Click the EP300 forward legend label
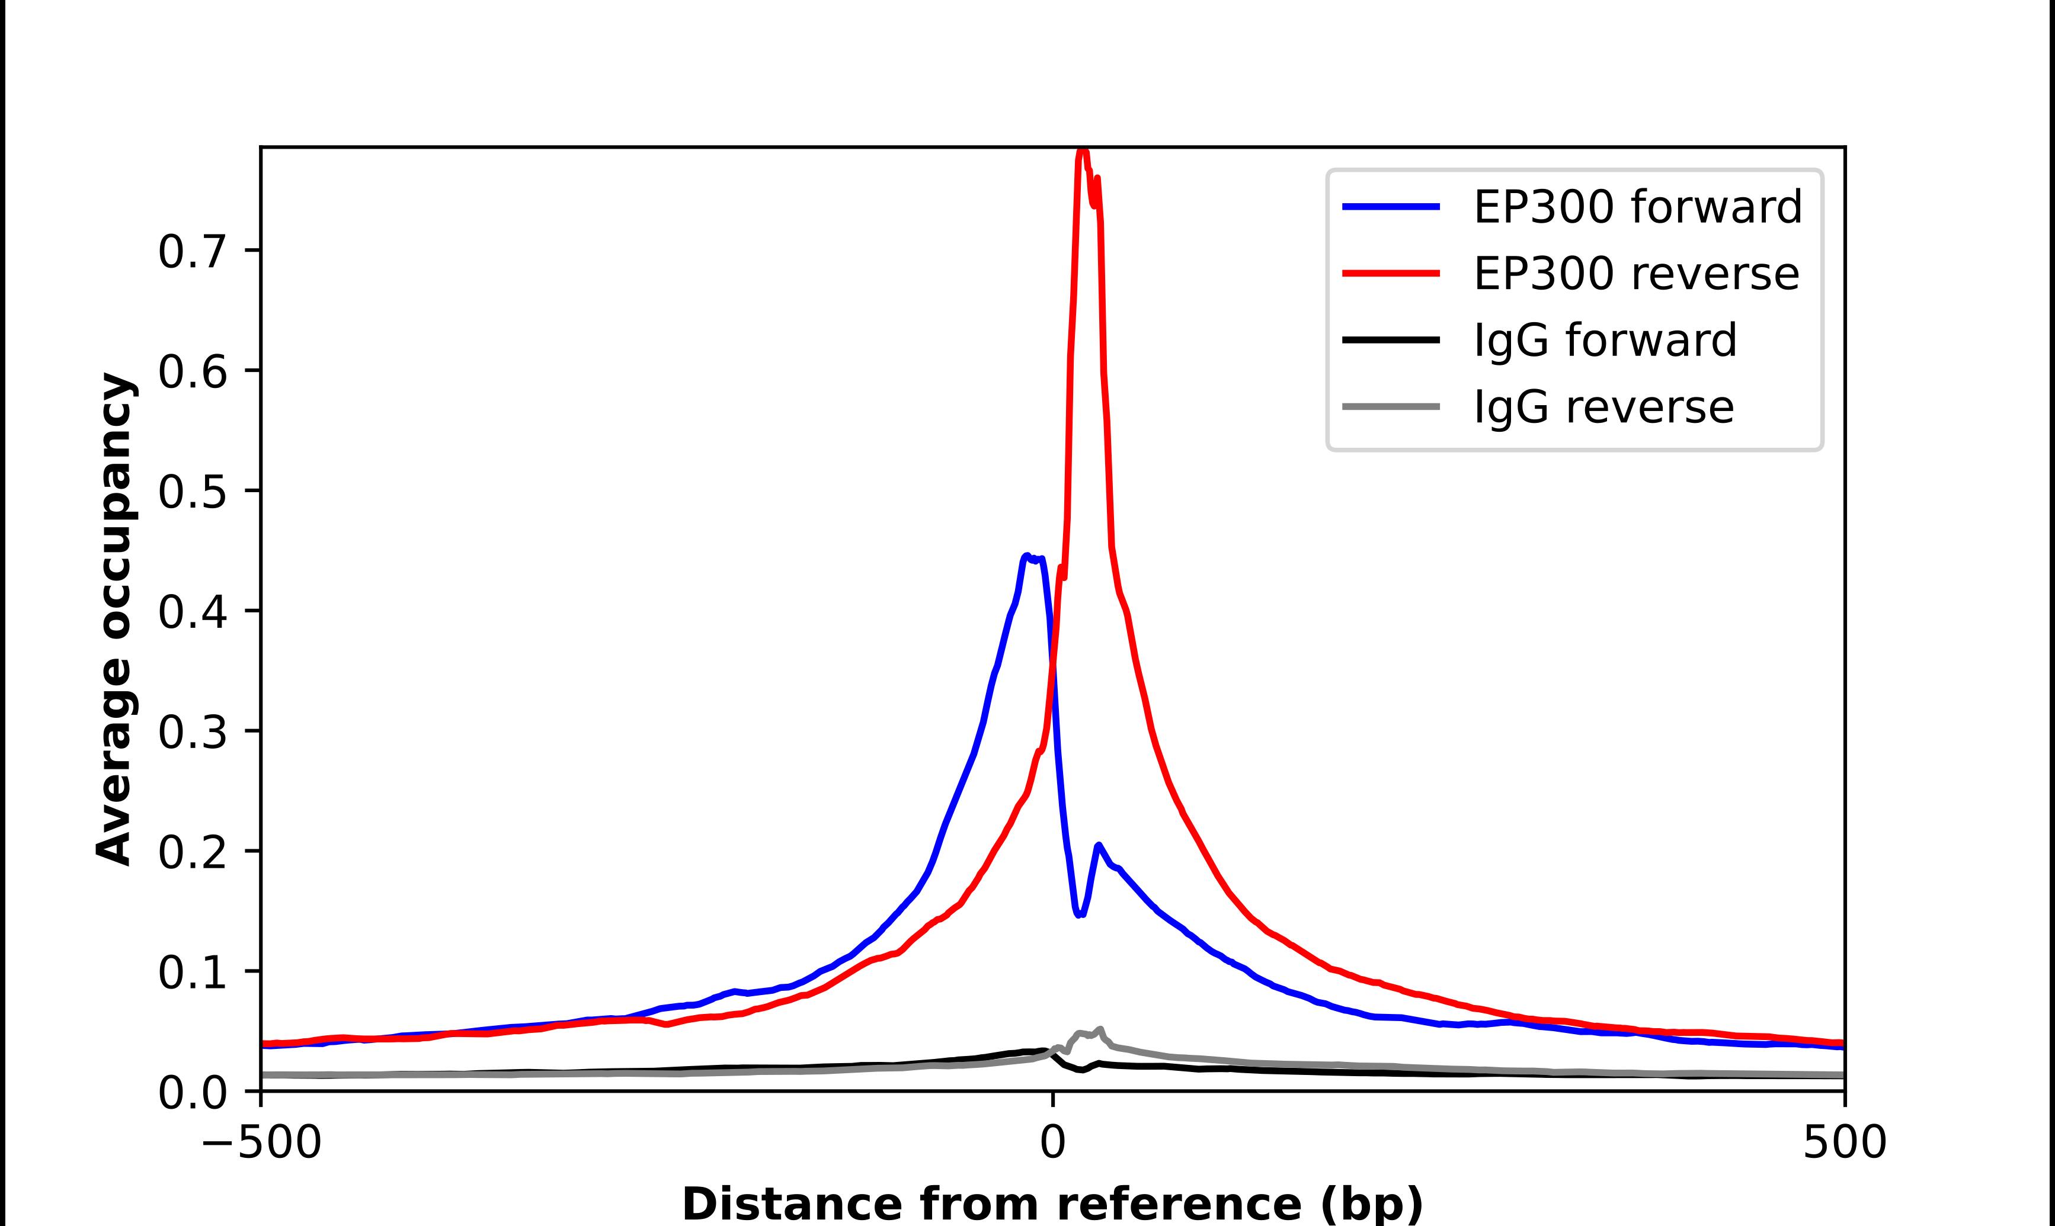(x=1637, y=207)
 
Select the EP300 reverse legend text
(x=1635, y=274)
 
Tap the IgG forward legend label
(x=1605, y=341)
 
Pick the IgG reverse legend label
(x=1603, y=407)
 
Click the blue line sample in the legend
(x=1391, y=207)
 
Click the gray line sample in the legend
(x=1391, y=406)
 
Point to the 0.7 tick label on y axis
(x=192, y=252)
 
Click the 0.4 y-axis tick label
(x=192, y=613)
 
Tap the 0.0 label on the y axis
(x=192, y=1093)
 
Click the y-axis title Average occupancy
(x=114, y=619)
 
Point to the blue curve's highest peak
(x=1026, y=556)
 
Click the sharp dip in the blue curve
(x=1079, y=914)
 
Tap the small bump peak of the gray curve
(x=1100, y=1029)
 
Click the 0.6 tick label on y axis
(x=192, y=372)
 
